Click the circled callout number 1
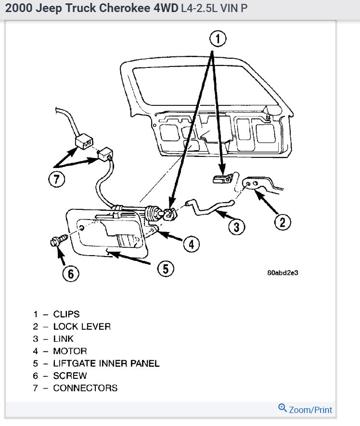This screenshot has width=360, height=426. pyautogui.click(x=218, y=39)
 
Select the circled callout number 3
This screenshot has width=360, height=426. pyautogui.click(x=236, y=226)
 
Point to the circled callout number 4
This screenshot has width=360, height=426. pyautogui.click(x=191, y=244)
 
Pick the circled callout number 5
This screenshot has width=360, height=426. pyautogui.click(x=166, y=269)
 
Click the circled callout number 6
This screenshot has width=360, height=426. pyautogui.click(x=70, y=274)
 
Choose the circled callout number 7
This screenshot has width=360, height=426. pyautogui.click(x=56, y=180)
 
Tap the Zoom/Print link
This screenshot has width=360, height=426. pyautogui.click(x=310, y=410)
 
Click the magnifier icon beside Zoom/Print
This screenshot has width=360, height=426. pyautogui.click(x=283, y=409)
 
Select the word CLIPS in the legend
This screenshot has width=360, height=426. pyautogui.click(x=66, y=314)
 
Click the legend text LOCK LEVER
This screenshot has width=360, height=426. pyautogui.click(x=82, y=326)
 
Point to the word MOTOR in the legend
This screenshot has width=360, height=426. pyautogui.click(x=70, y=351)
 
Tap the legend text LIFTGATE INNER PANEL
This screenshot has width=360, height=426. pyautogui.click(x=106, y=363)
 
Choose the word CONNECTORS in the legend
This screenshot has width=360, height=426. pyautogui.click(x=85, y=388)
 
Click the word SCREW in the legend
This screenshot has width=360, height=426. pyautogui.click(x=70, y=375)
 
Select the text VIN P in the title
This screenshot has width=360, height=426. pyautogui.click(x=234, y=9)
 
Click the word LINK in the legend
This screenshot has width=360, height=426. pyautogui.click(x=64, y=339)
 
